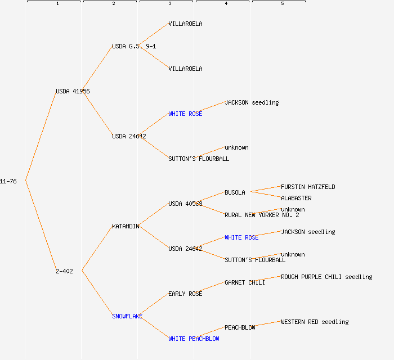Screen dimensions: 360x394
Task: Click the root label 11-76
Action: (x=8, y=181)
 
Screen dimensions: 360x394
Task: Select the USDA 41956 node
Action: (x=73, y=91)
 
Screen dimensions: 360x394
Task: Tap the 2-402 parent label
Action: (x=64, y=271)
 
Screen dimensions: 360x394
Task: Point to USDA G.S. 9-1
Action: (x=134, y=46)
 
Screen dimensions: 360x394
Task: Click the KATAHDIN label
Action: (x=126, y=226)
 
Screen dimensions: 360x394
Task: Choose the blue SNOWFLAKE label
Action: (x=127, y=316)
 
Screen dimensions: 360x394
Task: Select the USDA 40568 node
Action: (x=185, y=204)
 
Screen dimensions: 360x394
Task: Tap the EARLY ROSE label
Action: (x=185, y=294)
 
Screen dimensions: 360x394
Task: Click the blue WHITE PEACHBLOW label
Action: (x=194, y=339)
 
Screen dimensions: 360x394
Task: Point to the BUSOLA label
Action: (x=235, y=192)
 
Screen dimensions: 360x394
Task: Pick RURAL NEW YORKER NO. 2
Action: (x=262, y=215)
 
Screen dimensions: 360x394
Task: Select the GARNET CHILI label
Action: (x=245, y=282)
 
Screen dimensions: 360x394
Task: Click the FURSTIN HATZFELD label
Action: (x=308, y=187)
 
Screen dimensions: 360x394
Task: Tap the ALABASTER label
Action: (x=296, y=198)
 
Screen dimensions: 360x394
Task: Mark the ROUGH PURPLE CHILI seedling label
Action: (x=326, y=277)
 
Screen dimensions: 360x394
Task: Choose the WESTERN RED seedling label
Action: (x=315, y=322)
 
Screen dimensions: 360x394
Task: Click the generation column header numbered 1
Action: (x=57, y=3)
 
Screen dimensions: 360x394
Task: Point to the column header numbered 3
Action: (x=169, y=3)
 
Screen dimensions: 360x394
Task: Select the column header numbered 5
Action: (x=282, y=3)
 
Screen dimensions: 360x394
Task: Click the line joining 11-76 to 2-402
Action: (x=41, y=226)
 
